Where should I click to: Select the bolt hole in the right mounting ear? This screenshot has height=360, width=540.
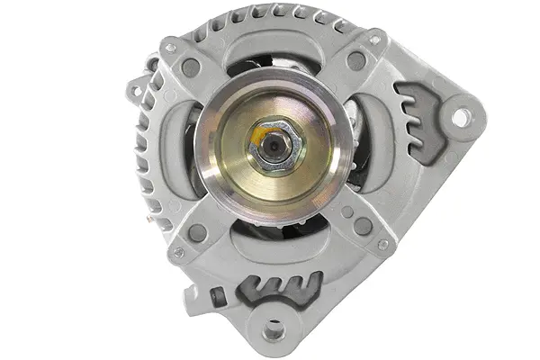(460, 117)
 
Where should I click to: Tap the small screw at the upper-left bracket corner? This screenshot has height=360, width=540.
(170, 48)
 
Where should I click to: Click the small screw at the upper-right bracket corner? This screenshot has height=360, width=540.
(374, 40)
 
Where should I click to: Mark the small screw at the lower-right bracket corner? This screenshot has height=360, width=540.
(382, 244)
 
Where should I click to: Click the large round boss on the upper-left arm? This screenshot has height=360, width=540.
(191, 66)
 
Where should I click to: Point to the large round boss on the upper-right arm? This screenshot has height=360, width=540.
(357, 61)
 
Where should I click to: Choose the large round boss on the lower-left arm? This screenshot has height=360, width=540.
(197, 232)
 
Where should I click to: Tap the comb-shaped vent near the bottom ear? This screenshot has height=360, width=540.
(281, 289)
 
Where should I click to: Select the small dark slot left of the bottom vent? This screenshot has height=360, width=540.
(215, 296)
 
